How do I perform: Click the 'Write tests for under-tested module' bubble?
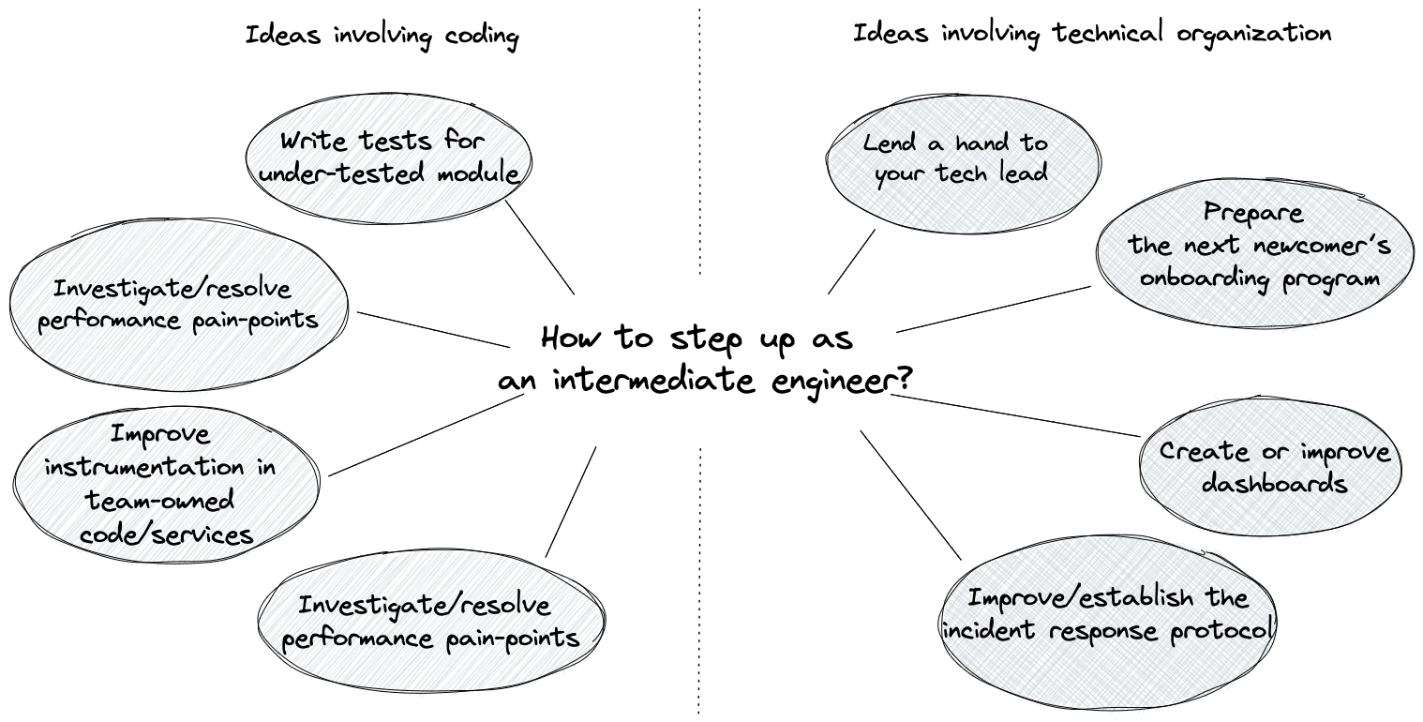click(389, 158)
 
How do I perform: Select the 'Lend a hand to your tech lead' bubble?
click(963, 164)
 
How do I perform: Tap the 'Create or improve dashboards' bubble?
click(1270, 467)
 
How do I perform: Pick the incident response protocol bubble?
click(1109, 623)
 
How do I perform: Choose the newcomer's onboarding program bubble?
click(1255, 253)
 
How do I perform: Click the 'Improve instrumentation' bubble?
click(166, 484)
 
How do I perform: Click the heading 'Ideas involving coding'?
click(382, 36)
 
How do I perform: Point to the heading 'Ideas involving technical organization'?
click(1091, 33)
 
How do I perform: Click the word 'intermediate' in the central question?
click(654, 380)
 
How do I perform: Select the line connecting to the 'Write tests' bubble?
click(540, 248)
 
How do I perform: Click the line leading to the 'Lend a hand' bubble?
click(851, 262)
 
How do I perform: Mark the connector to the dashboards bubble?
click(1015, 415)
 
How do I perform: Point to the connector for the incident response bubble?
click(911, 495)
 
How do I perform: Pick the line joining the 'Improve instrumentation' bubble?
click(426, 435)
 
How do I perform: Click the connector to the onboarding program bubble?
click(994, 308)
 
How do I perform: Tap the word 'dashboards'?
click(1274, 484)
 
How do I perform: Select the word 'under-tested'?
click(341, 173)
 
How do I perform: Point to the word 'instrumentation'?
click(144, 467)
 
